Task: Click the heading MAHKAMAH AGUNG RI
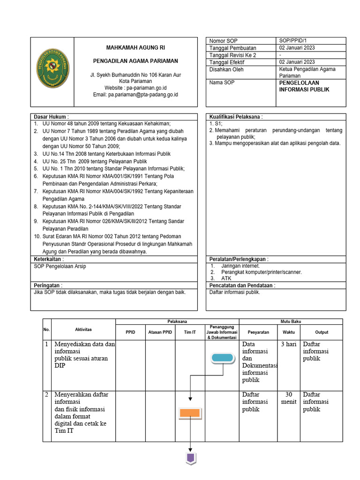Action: tap(135, 48)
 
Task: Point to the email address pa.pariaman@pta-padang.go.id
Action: tap(136, 95)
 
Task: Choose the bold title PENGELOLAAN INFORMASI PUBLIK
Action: tap(305, 86)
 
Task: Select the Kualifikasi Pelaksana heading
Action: tap(236, 116)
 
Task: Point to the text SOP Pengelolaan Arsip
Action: tap(60, 266)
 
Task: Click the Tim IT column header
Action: tap(190, 332)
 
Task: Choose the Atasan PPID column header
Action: tap(160, 332)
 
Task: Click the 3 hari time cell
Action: tap(288, 345)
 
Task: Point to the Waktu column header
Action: tap(289, 332)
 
